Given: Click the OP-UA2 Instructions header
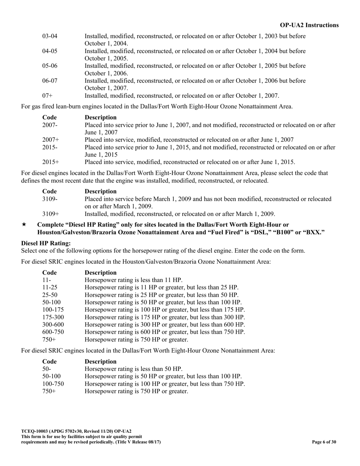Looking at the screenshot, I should (x=309, y=25).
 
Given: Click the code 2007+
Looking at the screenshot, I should (x=50, y=140).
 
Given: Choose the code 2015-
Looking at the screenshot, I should (x=50, y=147).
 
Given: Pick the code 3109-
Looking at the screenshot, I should (x=50, y=199).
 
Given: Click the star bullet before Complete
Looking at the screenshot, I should (x=24, y=225).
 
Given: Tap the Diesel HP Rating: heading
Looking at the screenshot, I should (x=46, y=243).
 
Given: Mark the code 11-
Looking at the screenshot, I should (x=47, y=280).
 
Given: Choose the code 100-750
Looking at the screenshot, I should (x=53, y=384).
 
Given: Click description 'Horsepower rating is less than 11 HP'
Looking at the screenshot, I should (x=133, y=280).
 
